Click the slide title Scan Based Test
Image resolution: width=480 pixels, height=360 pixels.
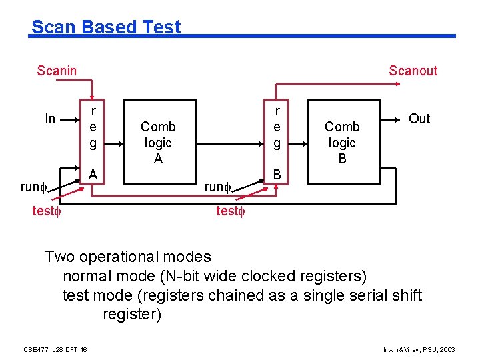[106, 27]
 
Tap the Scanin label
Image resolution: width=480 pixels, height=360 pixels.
[57, 71]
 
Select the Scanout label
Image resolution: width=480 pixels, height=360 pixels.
[413, 71]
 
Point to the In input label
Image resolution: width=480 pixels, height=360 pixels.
[50, 119]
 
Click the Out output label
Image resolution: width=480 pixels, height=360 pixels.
[419, 119]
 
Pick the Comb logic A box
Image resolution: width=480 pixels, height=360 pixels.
[158, 142]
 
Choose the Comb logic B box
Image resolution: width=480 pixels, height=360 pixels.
[342, 142]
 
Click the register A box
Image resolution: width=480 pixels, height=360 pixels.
[93, 142]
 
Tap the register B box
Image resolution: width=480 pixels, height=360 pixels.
[277, 142]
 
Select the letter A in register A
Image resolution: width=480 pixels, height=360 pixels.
[94, 174]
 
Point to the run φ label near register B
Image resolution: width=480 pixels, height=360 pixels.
[217, 187]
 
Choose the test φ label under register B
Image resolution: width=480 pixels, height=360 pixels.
[231, 212]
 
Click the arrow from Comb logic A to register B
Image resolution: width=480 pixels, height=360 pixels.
[227, 142]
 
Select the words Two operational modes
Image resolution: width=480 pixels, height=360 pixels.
[127, 257]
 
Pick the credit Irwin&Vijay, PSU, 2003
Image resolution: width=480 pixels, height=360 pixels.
[419, 349]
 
